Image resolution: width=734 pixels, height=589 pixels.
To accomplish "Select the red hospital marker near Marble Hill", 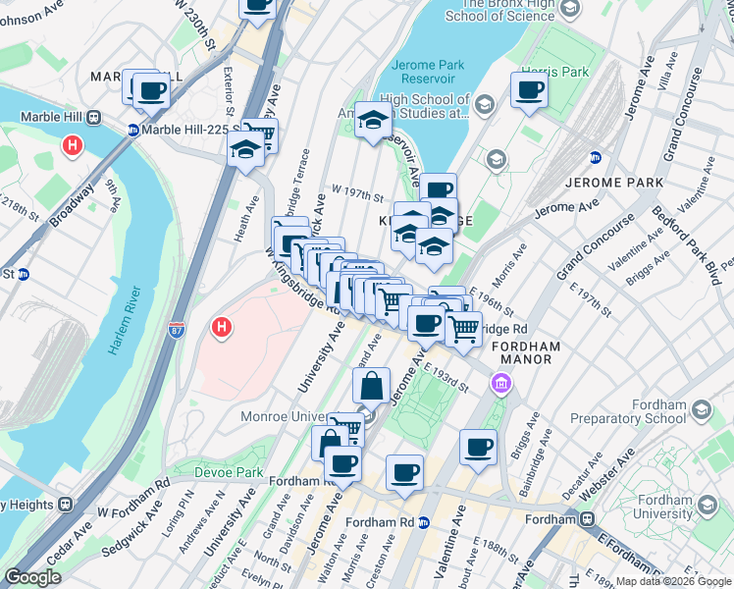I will [x=72, y=146].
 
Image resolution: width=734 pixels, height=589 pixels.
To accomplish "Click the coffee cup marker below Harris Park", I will [x=529, y=90].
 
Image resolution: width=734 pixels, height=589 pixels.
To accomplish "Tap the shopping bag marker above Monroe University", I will [x=372, y=385].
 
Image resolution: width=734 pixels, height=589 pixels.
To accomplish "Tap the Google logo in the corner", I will [x=32, y=577].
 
